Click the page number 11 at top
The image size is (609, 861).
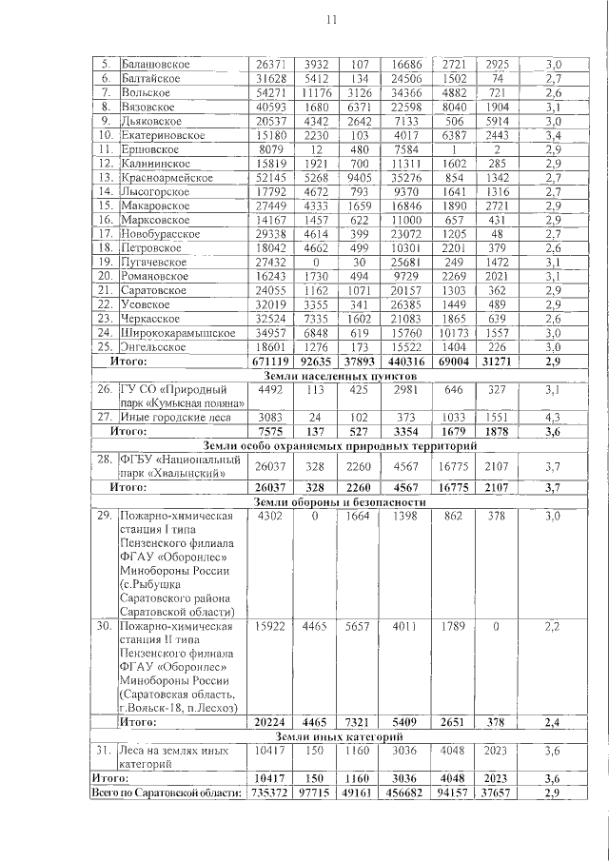coord(331,20)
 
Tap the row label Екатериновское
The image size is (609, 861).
coord(164,135)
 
